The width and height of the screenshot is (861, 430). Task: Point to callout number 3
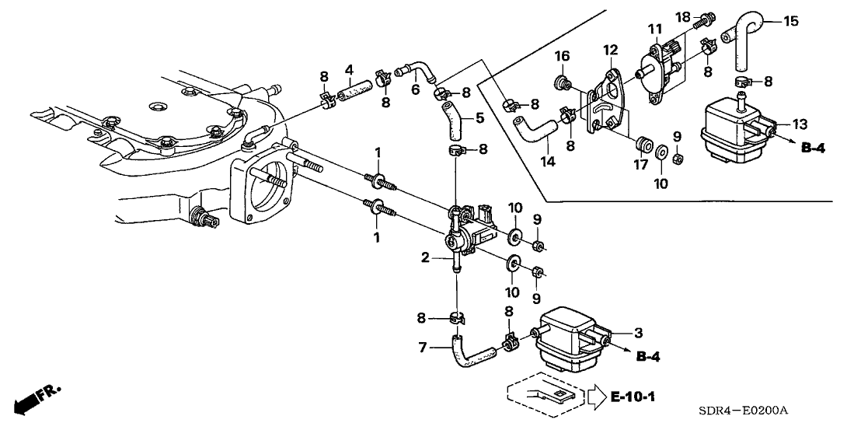639,333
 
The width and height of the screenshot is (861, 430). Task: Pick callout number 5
479,119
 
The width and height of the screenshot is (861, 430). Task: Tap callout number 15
790,21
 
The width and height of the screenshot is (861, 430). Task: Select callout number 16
562,56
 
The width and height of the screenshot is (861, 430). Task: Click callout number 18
683,16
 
